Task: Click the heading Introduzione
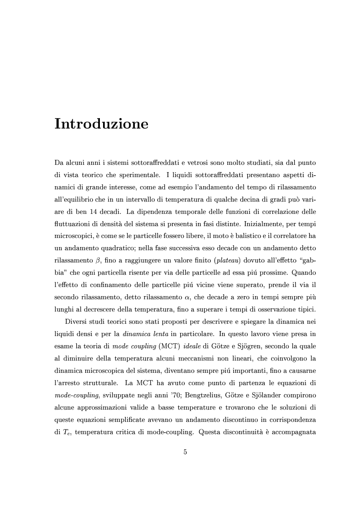pyautogui.click(x=101, y=124)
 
